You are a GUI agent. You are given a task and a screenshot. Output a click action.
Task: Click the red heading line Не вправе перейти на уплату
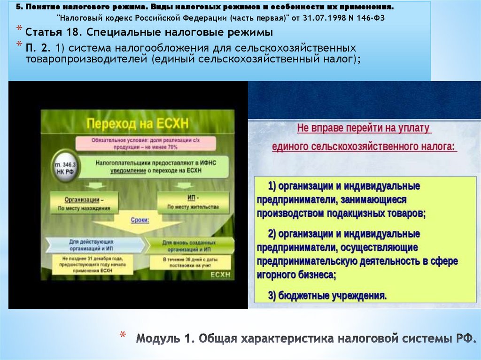[364, 129]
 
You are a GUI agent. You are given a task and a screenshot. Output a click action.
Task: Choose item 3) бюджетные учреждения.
[327, 295]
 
